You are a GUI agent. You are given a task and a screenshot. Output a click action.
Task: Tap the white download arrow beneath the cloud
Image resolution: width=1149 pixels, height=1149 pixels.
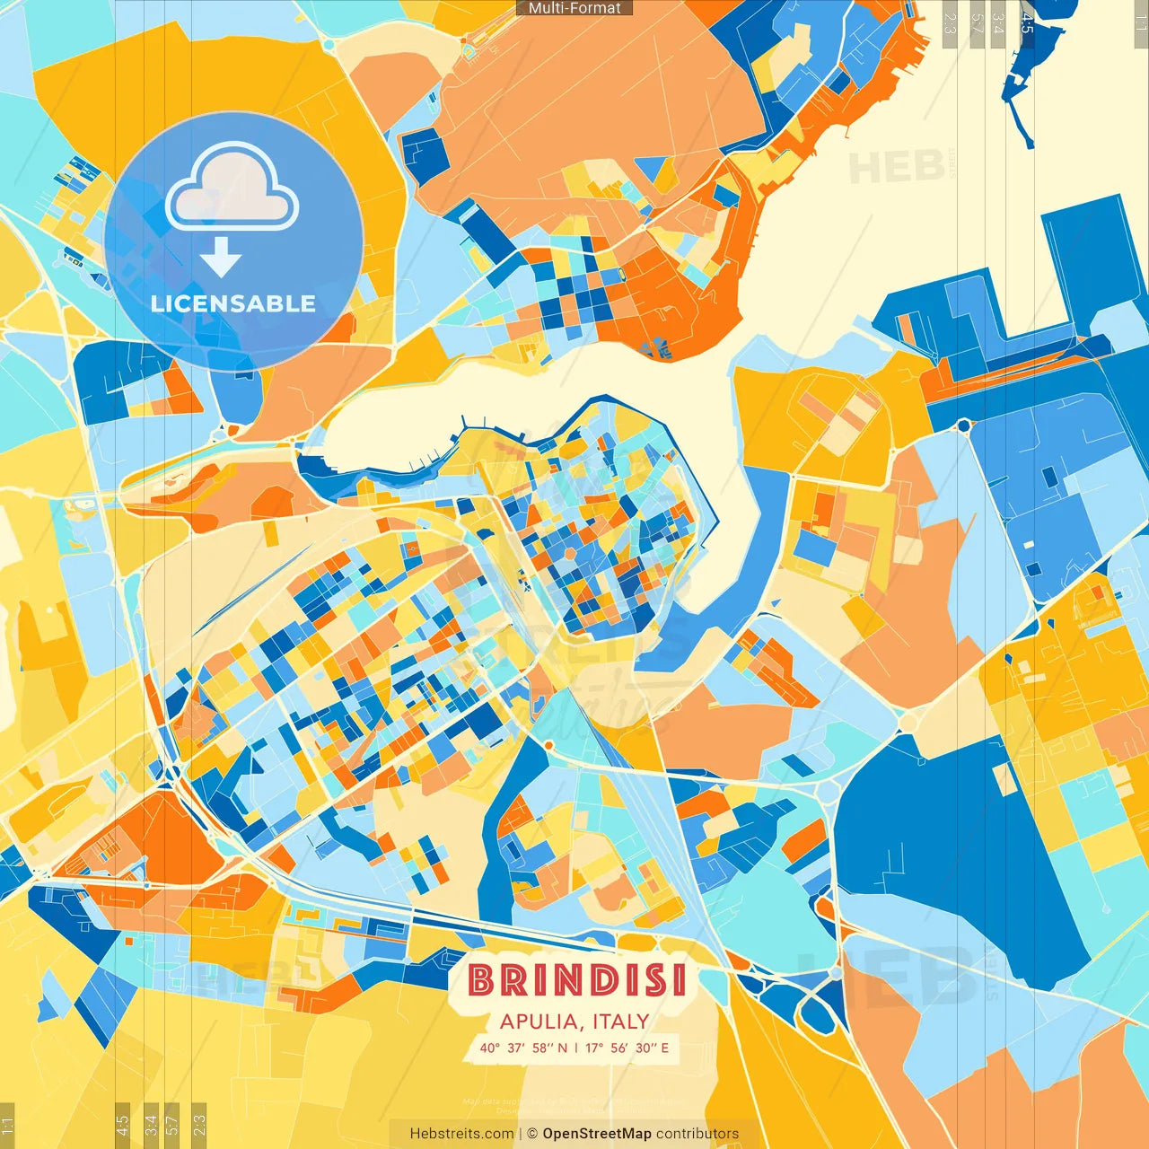221,258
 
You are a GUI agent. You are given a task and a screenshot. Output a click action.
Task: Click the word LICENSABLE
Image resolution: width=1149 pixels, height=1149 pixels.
233,303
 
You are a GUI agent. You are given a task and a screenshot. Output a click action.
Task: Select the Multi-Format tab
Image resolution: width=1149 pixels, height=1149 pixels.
574,7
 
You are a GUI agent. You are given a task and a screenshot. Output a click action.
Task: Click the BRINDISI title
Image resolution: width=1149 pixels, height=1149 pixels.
577,980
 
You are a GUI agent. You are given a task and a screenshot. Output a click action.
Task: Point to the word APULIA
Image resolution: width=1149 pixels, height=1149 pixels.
539,1022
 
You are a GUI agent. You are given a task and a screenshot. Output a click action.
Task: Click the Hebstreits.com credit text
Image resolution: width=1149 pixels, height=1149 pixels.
461,1134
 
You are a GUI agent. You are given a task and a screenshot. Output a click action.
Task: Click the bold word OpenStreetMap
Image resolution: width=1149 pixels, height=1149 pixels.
597,1134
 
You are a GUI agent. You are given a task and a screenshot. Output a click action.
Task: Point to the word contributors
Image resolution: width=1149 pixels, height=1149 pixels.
697,1134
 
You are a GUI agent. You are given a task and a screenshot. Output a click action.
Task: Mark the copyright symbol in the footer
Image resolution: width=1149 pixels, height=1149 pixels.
532,1134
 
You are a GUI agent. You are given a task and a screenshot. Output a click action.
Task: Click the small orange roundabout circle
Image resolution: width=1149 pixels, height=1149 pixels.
548,745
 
